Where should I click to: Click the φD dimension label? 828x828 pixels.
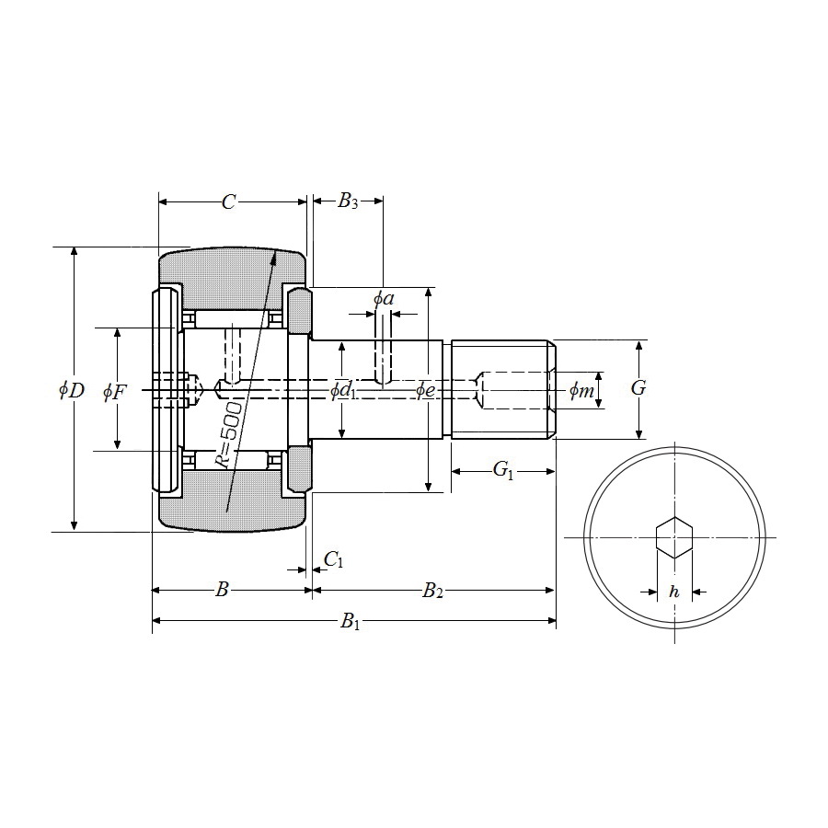(72, 390)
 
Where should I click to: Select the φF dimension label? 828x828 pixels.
(115, 392)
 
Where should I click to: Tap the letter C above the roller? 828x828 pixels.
(228, 201)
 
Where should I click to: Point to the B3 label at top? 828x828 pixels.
(348, 201)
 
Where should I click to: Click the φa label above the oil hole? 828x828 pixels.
(384, 299)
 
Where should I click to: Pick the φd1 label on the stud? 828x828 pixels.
(343, 391)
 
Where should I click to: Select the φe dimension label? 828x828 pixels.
(426, 390)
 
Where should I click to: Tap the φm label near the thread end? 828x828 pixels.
(581, 391)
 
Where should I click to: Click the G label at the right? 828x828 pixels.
(638, 388)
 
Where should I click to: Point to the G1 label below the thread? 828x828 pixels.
(502, 470)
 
